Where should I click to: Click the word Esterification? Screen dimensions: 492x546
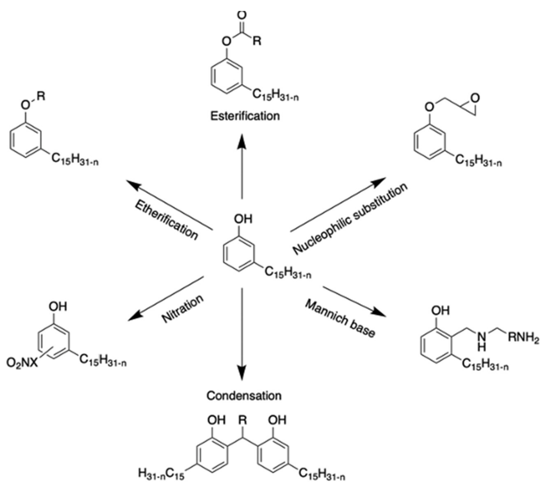pyautogui.click(x=245, y=116)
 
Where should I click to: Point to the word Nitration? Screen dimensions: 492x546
pyautogui.click(x=183, y=309)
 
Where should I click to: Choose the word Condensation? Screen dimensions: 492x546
pyautogui.click(x=244, y=396)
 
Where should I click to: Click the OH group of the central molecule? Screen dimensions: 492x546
pyautogui.click(x=243, y=219)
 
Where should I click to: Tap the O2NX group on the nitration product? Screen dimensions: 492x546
pyautogui.click(x=22, y=363)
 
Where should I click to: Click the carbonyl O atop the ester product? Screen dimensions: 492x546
pyautogui.click(x=242, y=15)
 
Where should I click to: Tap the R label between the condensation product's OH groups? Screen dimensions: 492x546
pyautogui.click(x=243, y=420)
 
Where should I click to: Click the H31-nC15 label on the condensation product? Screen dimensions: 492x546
pyautogui.click(x=161, y=481)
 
